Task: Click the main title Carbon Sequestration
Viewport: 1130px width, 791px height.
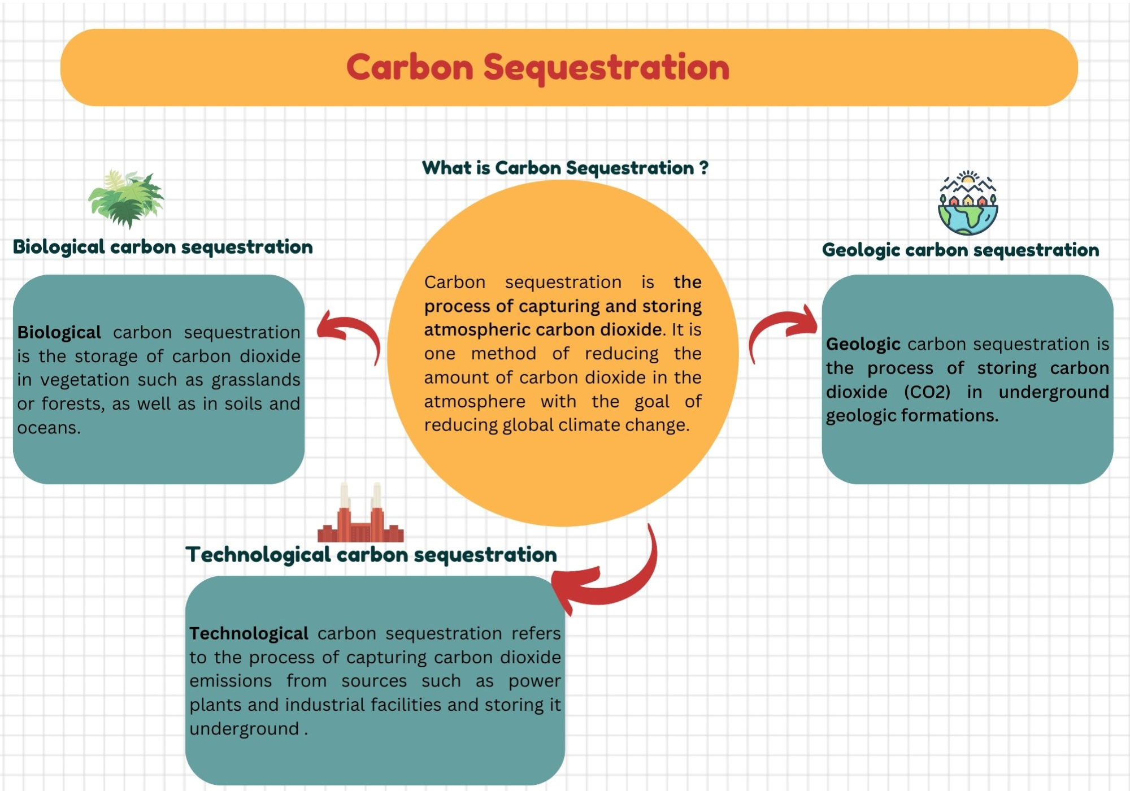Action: coord(538,68)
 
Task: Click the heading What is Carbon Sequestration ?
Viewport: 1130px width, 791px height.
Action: coord(565,168)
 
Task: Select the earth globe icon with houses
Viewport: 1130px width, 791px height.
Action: coord(968,203)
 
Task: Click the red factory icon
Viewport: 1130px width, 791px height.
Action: coord(360,515)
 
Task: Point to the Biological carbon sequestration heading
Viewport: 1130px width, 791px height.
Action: coord(163,247)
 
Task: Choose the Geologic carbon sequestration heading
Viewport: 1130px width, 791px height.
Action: coord(960,250)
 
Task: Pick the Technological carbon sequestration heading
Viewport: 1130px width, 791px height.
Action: coord(371,555)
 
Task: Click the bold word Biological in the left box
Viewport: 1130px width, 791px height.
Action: coord(59,332)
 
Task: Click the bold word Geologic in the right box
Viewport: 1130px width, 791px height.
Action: coord(863,344)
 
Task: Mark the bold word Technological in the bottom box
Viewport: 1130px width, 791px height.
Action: coord(249,633)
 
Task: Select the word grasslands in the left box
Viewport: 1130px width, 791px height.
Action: coord(255,380)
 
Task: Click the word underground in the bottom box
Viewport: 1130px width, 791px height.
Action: coord(244,729)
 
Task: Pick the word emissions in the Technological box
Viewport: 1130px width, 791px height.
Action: coord(231,681)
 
